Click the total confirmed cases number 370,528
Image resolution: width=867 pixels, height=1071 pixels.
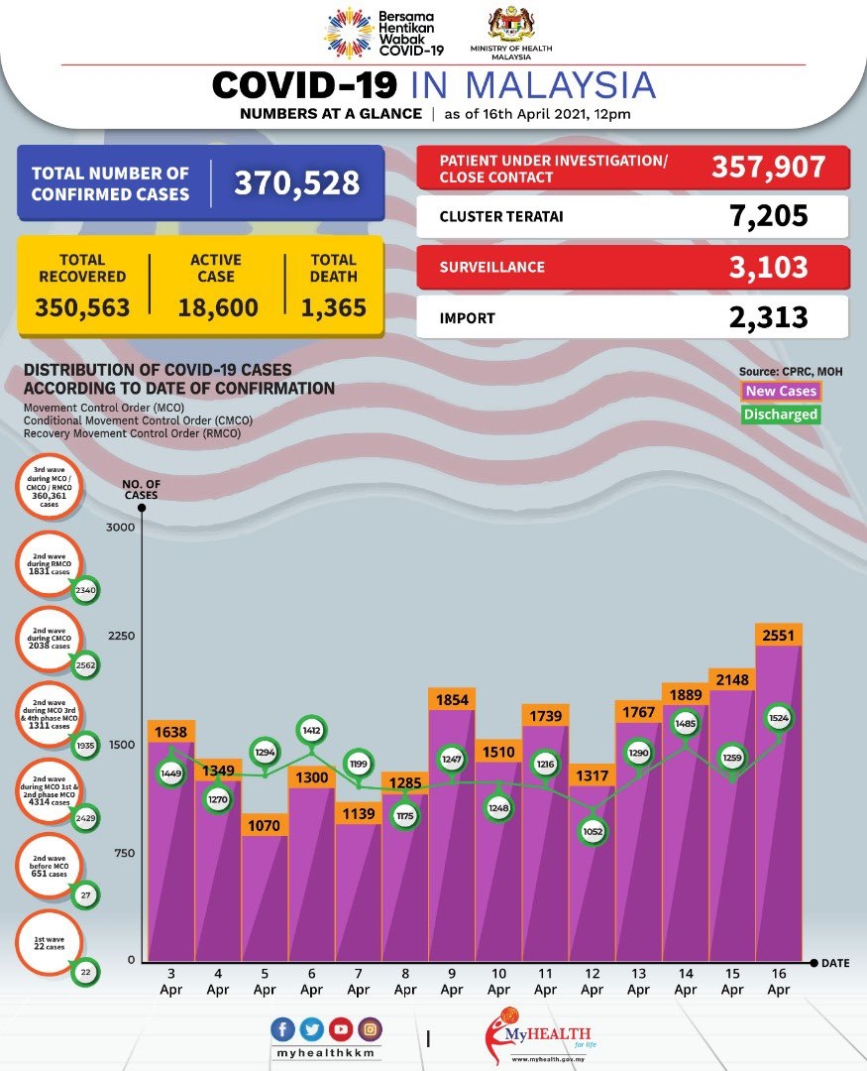coord(296,183)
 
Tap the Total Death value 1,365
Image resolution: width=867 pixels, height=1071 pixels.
coord(333,307)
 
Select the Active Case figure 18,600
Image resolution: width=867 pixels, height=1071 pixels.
coord(218,307)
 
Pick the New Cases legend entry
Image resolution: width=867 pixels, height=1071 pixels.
coord(782,392)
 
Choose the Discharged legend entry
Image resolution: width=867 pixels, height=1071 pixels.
coord(782,415)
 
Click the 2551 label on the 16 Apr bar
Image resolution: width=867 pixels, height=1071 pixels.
coord(779,635)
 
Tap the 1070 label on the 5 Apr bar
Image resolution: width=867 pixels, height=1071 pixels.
coord(265,824)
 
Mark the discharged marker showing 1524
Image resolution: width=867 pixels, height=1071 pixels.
coord(779,717)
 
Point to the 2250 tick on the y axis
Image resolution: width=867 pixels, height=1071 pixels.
coord(120,636)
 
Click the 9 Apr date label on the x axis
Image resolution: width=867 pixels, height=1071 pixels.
coord(452,982)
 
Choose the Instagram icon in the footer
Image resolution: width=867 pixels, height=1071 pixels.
coord(369,1028)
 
